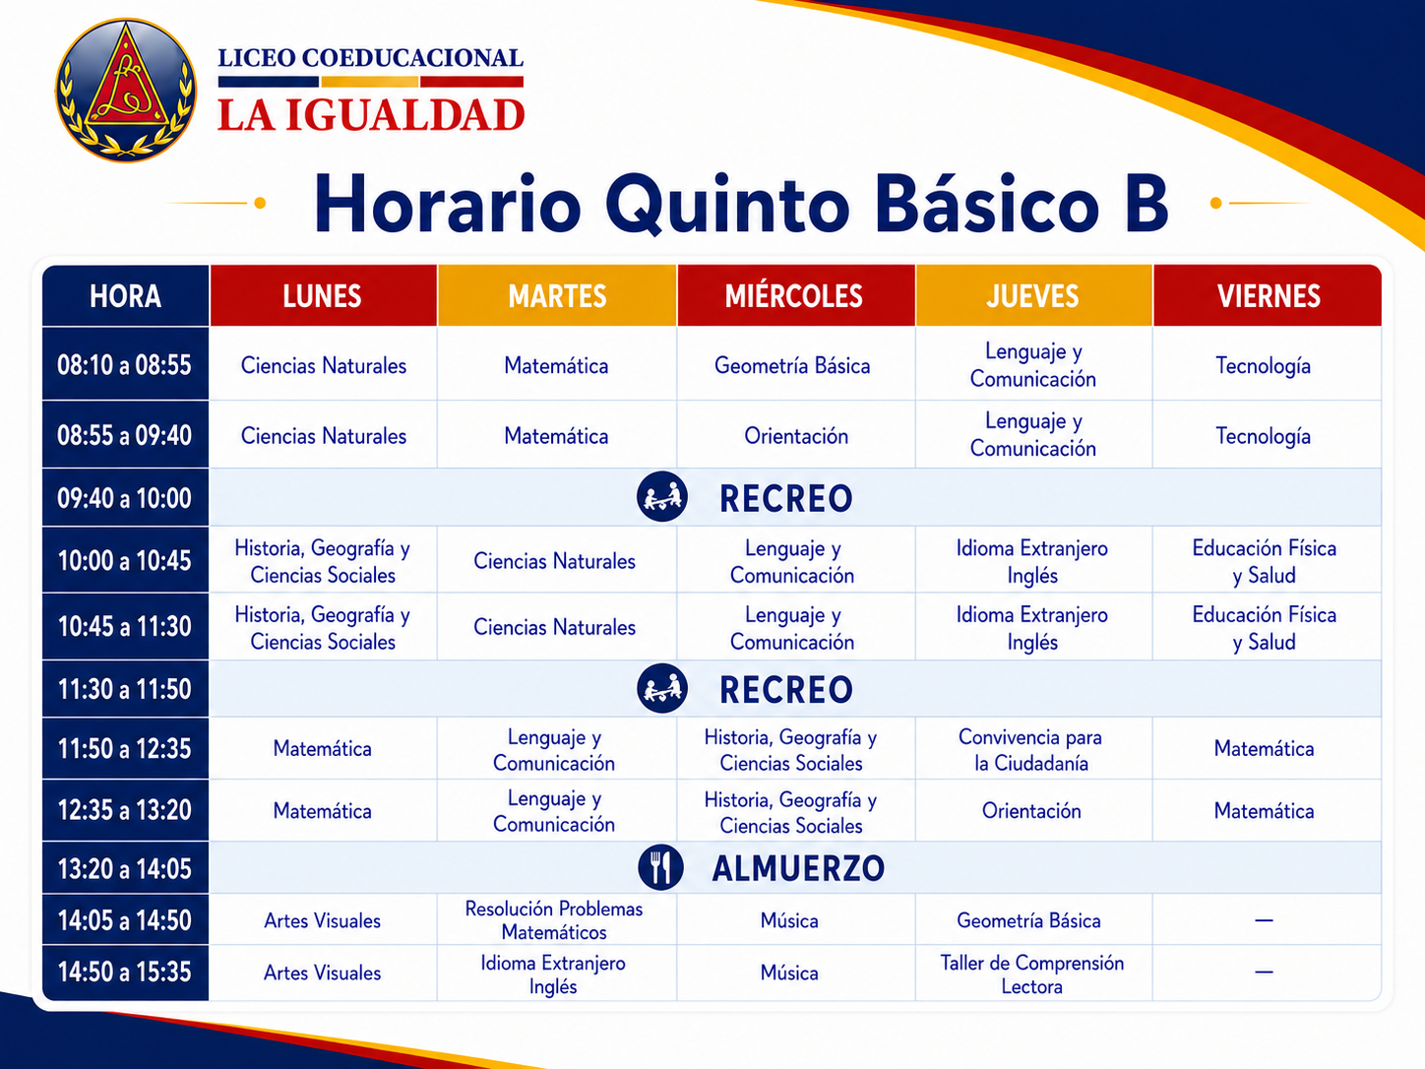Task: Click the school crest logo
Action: point(126,91)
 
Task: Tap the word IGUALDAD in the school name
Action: point(405,115)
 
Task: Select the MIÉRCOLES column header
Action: point(794,296)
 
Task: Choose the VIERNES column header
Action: point(1268,296)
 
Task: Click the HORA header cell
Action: point(125,296)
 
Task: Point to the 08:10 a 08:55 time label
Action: point(125,365)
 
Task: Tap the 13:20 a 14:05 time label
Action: point(125,869)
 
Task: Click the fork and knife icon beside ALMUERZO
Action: point(661,868)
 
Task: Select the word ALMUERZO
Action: point(798,869)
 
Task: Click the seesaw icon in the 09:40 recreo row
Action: point(661,497)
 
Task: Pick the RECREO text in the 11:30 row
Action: point(786,689)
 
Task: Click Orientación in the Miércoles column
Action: point(796,436)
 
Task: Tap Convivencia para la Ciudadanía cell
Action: point(1031,750)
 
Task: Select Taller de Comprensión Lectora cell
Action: point(1032,975)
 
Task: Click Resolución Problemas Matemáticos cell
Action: point(554,920)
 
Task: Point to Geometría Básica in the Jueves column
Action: point(1029,920)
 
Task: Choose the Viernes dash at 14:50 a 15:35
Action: point(1264,973)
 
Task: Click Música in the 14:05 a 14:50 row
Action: point(789,920)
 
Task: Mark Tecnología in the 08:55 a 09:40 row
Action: point(1264,437)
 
